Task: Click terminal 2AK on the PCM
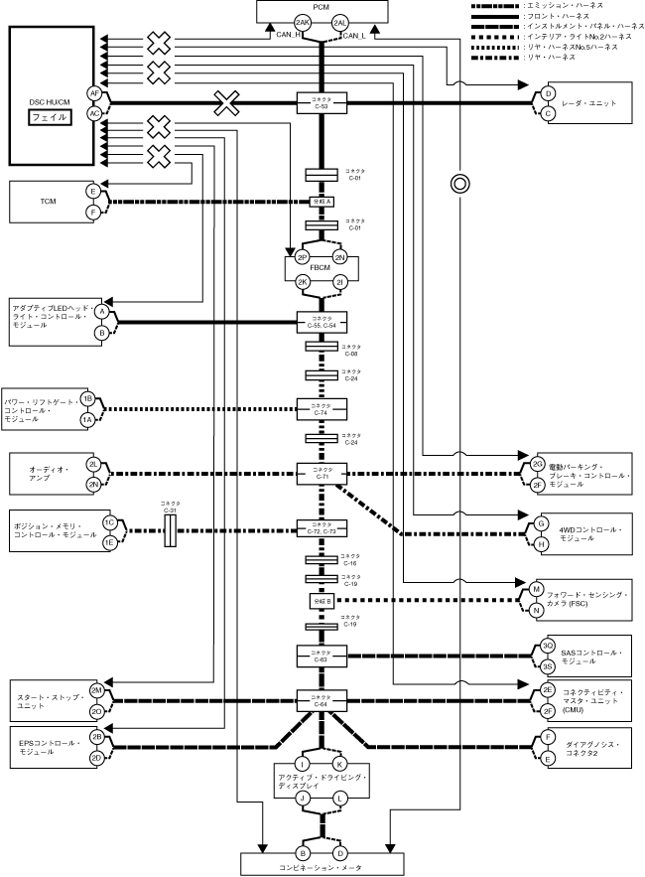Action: tap(303, 21)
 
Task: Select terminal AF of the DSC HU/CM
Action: tap(95, 92)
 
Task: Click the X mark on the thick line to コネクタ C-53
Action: tap(227, 102)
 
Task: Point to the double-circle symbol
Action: tap(459, 183)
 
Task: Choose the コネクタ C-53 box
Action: tap(322, 102)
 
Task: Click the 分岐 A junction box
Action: tap(322, 201)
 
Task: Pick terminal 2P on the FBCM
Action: tap(303, 257)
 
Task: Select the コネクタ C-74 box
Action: tap(322, 408)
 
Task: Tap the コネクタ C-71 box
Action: tap(322, 473)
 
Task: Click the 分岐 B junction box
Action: tap(322, 601)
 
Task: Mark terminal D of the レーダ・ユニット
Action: tap(547, 94)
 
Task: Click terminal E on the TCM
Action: tap(92, 191)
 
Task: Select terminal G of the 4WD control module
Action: tap(541, 522)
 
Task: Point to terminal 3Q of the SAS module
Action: tap(547, 646)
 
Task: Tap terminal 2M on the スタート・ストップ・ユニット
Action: tap(96, 690)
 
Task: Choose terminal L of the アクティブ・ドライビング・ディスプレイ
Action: tap(339, 798)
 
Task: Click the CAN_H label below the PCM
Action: tap(290, 35)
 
